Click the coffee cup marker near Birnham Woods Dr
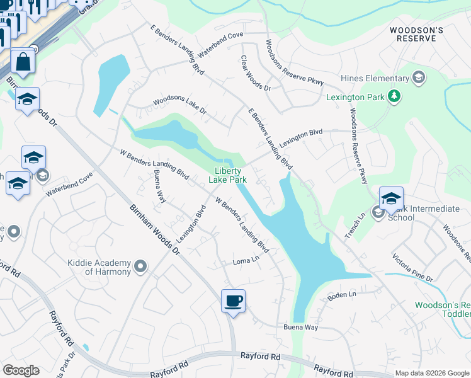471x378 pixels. pos(233,301)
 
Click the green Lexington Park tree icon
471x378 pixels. pos(395,96)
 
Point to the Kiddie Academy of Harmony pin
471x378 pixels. pos(140,267)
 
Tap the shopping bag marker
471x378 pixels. pos(23,62)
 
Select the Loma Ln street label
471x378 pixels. pos(246,260)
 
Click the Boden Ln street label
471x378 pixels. pos(343,294)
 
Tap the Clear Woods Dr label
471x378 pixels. pos(255,73)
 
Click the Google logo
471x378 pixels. pos(21,370)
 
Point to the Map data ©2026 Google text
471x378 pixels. pos(431,373)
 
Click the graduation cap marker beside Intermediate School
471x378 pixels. pos(391,198)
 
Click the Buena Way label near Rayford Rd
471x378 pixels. pos(300,328)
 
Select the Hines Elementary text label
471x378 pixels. pos(374,78)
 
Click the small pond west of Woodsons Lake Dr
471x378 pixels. pos(110,85)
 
